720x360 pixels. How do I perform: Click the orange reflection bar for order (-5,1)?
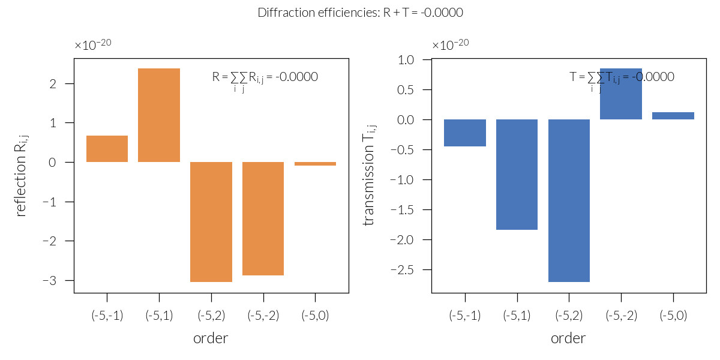pos(159,115)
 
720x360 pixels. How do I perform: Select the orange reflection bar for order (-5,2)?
pos(211,222)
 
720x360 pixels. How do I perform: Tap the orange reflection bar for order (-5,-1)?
pos(107,149)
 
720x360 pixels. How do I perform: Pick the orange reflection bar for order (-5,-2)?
pos(263,218)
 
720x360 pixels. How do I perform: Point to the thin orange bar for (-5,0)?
pos(315,164)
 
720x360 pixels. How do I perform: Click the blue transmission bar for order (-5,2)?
pos(569,200)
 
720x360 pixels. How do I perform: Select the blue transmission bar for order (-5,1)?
pos(517,175)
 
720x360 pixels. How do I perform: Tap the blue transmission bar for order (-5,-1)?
pos(465,133)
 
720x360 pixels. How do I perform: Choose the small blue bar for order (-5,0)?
pos(673,116)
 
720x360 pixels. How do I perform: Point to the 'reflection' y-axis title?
pos(22,176)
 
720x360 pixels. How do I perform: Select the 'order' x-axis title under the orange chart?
pos(211,338)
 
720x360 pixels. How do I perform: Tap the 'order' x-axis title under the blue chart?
pos(568,338)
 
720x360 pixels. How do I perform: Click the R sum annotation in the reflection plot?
pos(265,77)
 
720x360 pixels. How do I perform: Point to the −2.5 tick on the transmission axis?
pos(410,269)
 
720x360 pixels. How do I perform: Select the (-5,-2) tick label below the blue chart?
pos(621,316)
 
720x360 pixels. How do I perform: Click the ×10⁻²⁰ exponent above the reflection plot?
pos(93,45)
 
